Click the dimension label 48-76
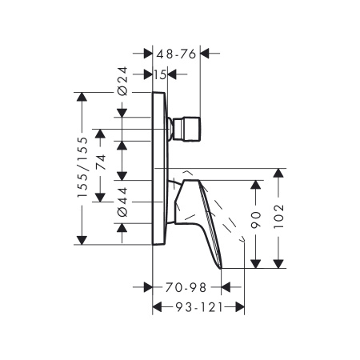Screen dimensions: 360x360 click(176, 54)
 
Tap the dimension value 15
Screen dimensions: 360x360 click(160, 75)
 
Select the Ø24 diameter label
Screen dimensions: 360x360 click(122, 82)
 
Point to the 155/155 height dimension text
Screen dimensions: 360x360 click(82, 167)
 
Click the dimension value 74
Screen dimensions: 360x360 click(101, 162)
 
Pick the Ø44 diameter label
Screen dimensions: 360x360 click(122, 202)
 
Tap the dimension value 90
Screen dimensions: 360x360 click(256, 220)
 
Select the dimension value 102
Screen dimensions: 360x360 click(279, 216)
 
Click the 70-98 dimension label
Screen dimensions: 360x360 click(186, 287)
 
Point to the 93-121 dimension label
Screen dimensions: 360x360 click(199, 307)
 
